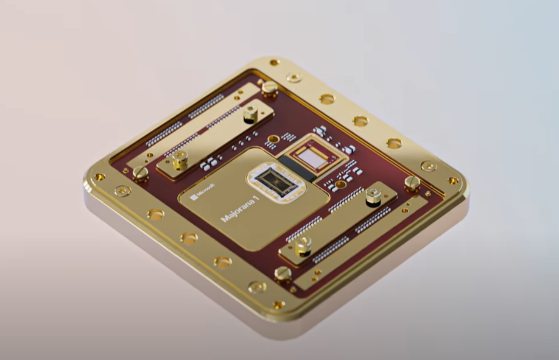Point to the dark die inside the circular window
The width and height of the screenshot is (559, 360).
tap(273, 181)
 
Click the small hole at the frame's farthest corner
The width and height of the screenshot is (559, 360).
tap(274, 62)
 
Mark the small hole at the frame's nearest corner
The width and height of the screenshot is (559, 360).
tap(279, 305)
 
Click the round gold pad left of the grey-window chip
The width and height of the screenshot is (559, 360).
tap(273, 139)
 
